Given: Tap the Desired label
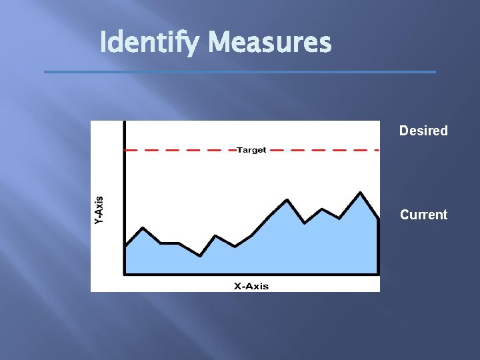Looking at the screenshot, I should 423,131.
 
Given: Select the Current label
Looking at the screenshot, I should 423,215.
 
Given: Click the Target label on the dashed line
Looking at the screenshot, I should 251,150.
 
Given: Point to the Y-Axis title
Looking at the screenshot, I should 99,209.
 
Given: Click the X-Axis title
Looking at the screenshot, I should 251,286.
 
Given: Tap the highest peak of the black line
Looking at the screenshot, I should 360,193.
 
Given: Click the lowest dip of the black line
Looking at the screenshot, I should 200,255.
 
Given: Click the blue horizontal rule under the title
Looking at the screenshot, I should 240,71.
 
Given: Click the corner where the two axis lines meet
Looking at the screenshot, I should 125,273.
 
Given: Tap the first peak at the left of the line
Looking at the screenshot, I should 143,229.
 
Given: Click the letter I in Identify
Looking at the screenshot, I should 103,43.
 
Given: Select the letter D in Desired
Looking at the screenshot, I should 403,131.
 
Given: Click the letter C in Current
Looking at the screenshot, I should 404,215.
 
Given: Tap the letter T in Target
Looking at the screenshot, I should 239,150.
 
